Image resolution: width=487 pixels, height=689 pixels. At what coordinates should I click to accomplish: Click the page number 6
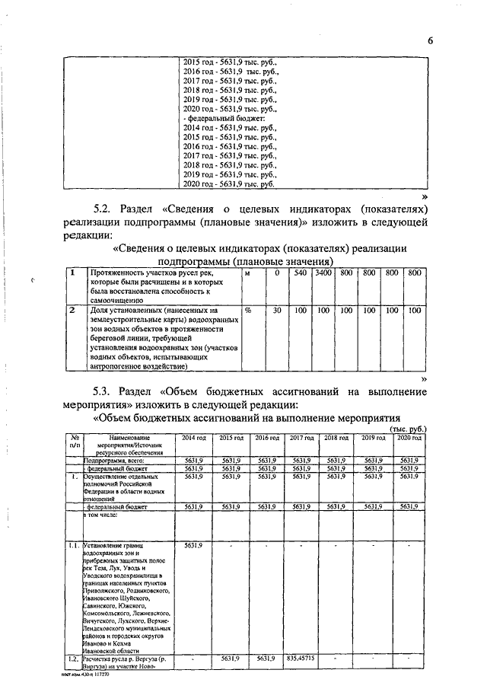(430, 40)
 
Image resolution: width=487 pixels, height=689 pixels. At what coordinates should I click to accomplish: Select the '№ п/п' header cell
(75, 443)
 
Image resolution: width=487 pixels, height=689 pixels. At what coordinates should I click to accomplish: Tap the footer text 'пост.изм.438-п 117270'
(86, 675)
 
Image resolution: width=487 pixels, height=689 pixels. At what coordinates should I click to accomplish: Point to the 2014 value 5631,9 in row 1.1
(194, 546)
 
